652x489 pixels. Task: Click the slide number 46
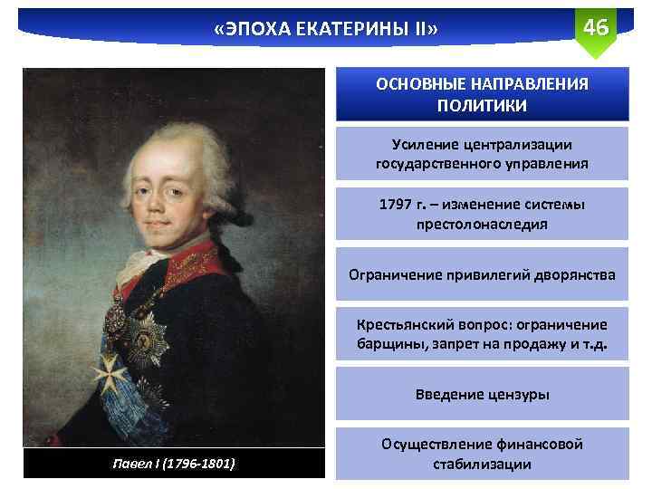595,26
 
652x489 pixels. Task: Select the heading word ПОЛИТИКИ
482,105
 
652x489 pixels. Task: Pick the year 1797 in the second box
397,204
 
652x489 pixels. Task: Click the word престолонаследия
482,224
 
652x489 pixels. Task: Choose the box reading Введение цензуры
482,395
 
